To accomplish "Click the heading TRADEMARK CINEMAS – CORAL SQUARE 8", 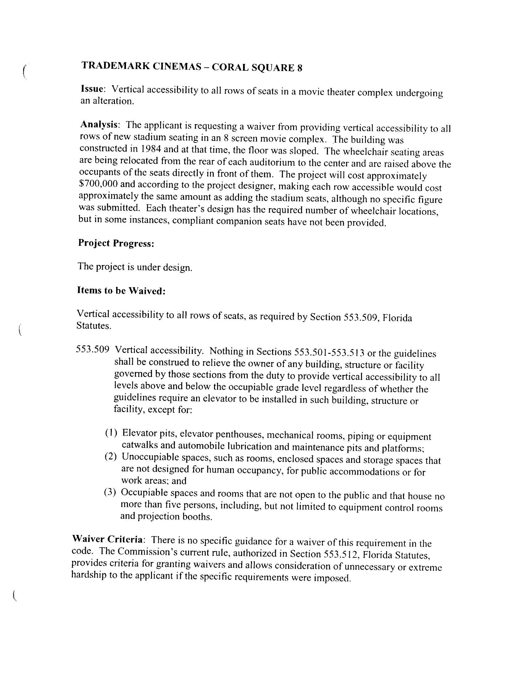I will pos(191,66).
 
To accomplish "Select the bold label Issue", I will pos(92,89).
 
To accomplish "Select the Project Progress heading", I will pos(116,243).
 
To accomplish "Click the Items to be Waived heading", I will pos(121,291).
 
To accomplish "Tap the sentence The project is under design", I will pos(135,267).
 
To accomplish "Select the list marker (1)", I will pos(111,433).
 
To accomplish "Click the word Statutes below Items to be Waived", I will pos(94,326).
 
